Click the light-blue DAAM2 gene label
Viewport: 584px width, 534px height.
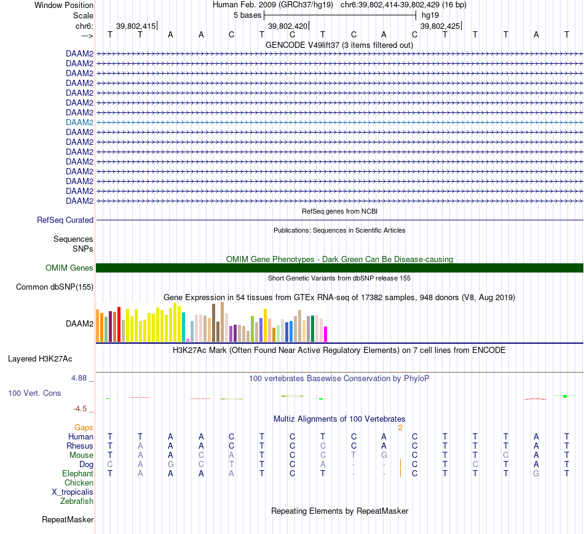coord(79,122)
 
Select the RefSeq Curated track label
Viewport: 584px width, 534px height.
coord(65,220)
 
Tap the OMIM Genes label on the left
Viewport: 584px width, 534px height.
coord(69,268)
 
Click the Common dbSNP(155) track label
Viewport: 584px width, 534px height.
coord(55,287)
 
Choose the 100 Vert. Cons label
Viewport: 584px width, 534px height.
coord(34,393)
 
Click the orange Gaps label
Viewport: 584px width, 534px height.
coord(84,427)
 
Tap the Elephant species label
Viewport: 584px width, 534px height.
coord(77,473)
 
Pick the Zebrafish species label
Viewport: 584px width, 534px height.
coord(77,501)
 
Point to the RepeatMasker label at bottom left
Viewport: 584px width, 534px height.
coord(68,520)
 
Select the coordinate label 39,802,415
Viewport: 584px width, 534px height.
coord(136,26)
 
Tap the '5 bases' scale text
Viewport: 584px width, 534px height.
coord(247,15)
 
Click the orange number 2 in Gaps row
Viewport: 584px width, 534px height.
coord(400,427)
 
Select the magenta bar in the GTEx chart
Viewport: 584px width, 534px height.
coord(325,334)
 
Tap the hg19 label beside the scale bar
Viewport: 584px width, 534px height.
coord(430,15)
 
